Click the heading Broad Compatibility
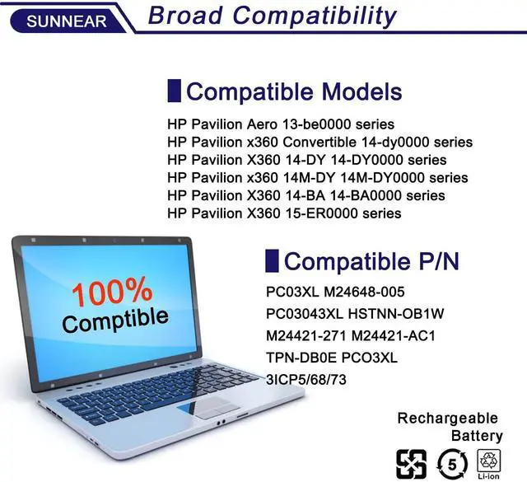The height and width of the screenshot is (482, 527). [x=272, y=15]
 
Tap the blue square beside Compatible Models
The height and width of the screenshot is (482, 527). [x=174, y=91]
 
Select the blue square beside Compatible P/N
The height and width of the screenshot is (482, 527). [x=271, y=262]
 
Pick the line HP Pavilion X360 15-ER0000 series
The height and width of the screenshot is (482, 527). [x=284, y=213]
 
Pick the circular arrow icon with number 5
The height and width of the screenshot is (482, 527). [x=450, y=461]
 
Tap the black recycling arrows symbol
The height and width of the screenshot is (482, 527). [x=411, y=461]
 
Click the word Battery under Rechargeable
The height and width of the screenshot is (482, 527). [x=476, y=435]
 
